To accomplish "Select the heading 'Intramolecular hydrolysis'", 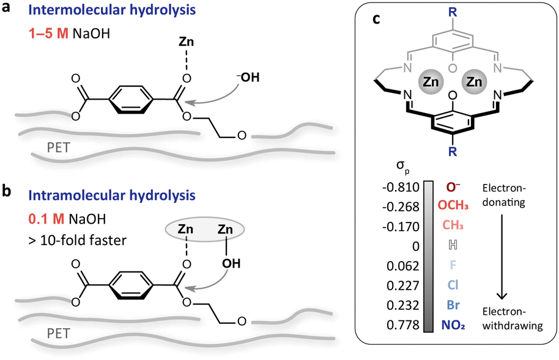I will (92, 196).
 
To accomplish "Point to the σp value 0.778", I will (404, 324).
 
